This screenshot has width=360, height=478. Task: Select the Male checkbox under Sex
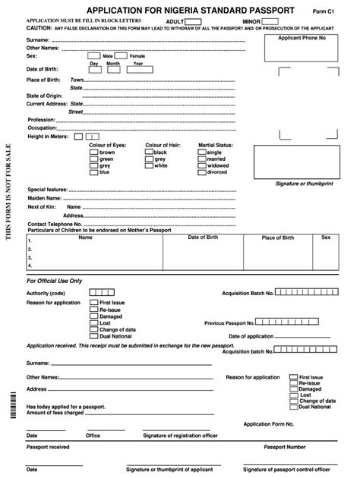pos(93,56)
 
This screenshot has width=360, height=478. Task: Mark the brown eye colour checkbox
pos(93,152)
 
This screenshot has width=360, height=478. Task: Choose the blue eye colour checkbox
pos(93,172)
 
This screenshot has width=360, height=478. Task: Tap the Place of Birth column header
pos(278,237)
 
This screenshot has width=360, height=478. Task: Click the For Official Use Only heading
pos(54,281)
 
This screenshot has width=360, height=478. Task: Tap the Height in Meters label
pos(48,137)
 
